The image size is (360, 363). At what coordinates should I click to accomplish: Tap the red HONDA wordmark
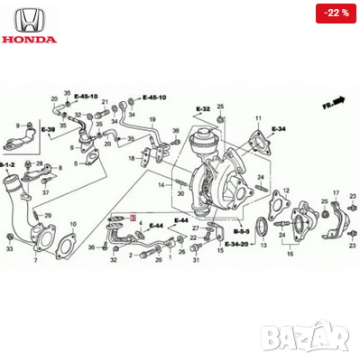tap(30, 40)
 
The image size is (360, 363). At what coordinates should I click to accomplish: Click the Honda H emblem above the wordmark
tap(30, 19)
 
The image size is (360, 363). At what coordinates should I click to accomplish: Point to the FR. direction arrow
tap(337, 101)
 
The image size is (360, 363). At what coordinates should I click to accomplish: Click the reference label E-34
tap(276, 129)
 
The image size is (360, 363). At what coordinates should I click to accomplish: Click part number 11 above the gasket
tap(257, 119)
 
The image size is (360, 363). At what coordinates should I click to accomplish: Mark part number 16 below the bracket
tap(289, 255)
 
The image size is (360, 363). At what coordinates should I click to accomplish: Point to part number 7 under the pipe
tap(35, 259)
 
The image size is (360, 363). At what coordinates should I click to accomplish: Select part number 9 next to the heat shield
tap(16, 126)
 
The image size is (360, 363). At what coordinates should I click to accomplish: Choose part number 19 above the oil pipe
tap(153, 120)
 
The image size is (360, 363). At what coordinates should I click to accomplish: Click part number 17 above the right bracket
tap(336, 194)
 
